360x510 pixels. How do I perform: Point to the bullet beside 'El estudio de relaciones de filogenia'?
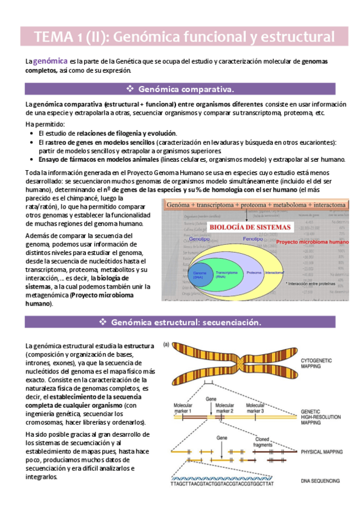coord(33,133)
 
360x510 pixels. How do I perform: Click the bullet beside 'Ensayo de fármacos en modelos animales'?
coord(33,159)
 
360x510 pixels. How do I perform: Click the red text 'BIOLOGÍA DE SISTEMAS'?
coord(249,227)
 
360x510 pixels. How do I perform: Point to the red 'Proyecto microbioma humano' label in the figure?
coord(312,241)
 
